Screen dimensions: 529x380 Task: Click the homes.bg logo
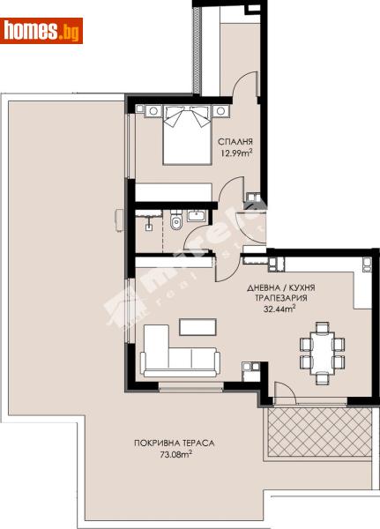(x=43, y=31)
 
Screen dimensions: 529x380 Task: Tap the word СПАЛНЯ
(x=236, y=141)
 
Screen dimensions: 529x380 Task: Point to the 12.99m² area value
(x=235, y=153)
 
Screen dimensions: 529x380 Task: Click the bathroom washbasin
(x=196, y=215)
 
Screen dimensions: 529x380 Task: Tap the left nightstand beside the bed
(x=150, y=111)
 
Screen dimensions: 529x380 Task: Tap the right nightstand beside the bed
(x=220, y=111)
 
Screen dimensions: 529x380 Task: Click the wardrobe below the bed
(x=173, y=194)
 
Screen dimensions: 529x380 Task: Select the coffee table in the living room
(x=197, y=326)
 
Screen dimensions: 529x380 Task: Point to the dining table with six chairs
(x=318, y=349)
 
